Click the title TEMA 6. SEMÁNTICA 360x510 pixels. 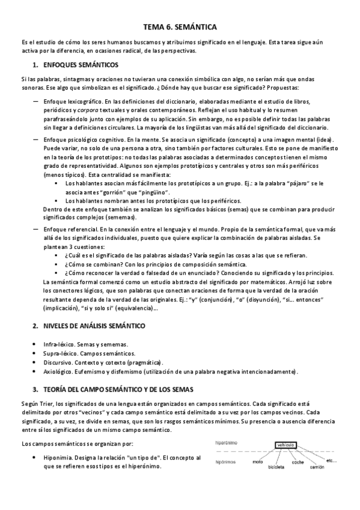click(x=180, y=27)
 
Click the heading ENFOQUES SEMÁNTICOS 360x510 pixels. click(x=82, y=64)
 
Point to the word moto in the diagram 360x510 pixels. click(x=258, y=462)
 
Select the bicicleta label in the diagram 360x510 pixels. click(x=276, y=466)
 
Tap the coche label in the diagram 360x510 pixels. click(x=297, y=462)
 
